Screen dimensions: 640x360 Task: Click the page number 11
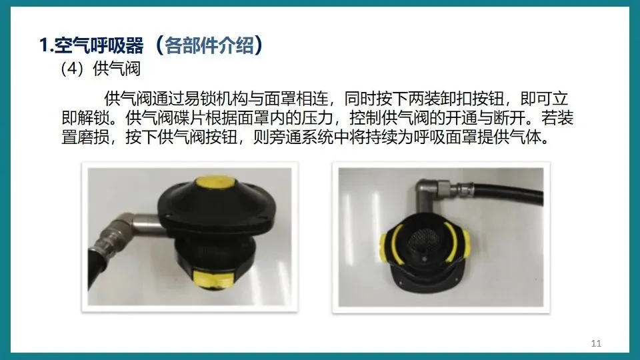(x=596, y=343)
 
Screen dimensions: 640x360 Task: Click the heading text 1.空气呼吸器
(x=91, y=45)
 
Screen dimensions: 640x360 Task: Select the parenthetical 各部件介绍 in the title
(x=209, y=45)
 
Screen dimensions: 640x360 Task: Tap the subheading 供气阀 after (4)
(x=116, y=69)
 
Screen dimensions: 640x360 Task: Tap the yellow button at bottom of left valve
(x=213, y=279)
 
